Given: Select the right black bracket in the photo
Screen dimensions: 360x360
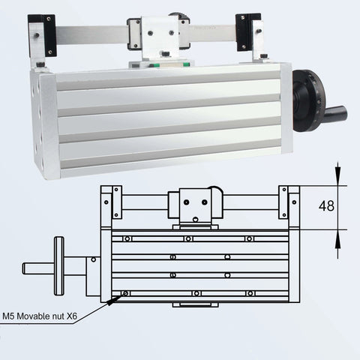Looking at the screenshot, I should (248, 32).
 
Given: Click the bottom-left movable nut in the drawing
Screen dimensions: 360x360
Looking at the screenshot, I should (125, 292).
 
